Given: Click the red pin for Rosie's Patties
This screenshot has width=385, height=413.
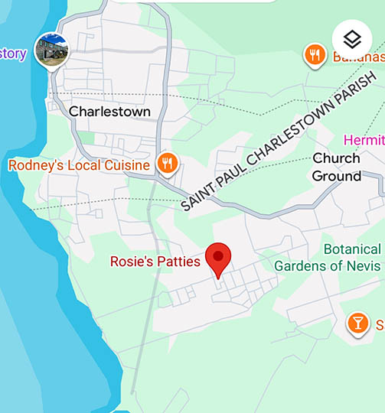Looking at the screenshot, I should [220, 259].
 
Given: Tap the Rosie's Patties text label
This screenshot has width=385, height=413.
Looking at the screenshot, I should [155, 262].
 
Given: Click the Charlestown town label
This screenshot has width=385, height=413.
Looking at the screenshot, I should [109, 111].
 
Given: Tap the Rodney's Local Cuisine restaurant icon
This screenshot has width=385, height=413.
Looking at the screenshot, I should [167, 163].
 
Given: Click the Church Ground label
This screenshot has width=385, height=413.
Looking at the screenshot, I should [336, 167].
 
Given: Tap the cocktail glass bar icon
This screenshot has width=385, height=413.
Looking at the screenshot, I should [357, 322].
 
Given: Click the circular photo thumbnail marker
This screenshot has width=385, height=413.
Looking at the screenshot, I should [52, 50].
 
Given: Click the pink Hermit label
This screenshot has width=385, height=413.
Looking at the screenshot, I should [364, 140].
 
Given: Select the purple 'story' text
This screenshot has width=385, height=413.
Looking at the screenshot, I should [13, 54].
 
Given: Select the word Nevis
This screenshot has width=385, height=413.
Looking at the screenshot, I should [363, 265].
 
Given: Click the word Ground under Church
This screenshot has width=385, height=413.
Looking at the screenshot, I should [336, 176].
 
